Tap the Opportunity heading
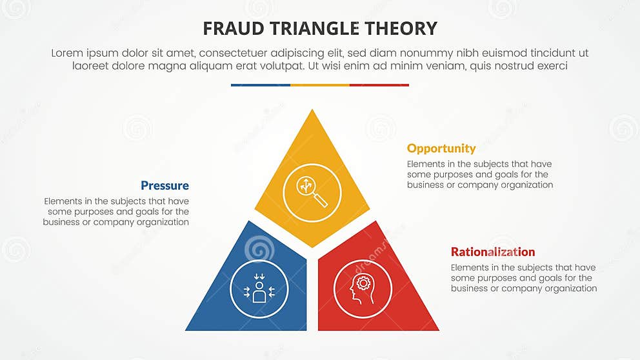(x=441, y=148)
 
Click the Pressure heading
(x=165, y=186)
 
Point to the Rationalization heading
(x=492, y=252)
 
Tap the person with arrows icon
(x=259, y=289)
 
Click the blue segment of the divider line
(x=260, y=85)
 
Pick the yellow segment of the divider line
(x=319, y=85)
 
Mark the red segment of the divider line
(x=379, y=85)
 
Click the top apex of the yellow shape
(x=312, y=111)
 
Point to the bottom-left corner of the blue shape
(x=187, y=329)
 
